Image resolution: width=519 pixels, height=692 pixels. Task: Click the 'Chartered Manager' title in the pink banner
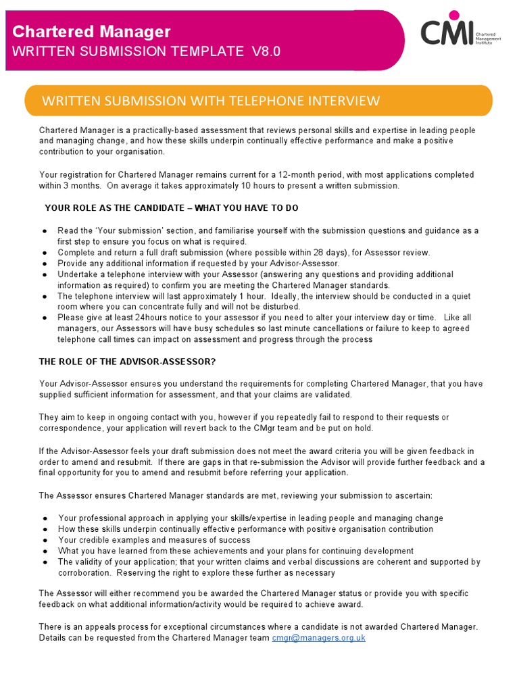[x=92, y=31]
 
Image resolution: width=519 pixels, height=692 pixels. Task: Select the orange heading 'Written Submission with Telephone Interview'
[x=211, y=101]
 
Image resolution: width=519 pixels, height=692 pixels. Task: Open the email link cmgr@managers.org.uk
[x=318, y=637]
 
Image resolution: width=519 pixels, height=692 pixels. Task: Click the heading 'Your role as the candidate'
[x=171, y=208]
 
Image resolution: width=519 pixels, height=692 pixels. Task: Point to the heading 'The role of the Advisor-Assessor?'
[x=128, y=362]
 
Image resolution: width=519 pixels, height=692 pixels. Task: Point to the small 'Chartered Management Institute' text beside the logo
[x=488, y=39]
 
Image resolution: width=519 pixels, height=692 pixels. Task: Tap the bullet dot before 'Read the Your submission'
[x=45, y=231]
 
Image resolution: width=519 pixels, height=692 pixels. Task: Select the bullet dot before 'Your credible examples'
[x=45, y=541]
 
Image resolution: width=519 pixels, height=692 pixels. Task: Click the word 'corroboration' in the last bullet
[x=84, y=573]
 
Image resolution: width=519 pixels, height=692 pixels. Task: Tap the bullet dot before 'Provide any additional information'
[x=45, y=264]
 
